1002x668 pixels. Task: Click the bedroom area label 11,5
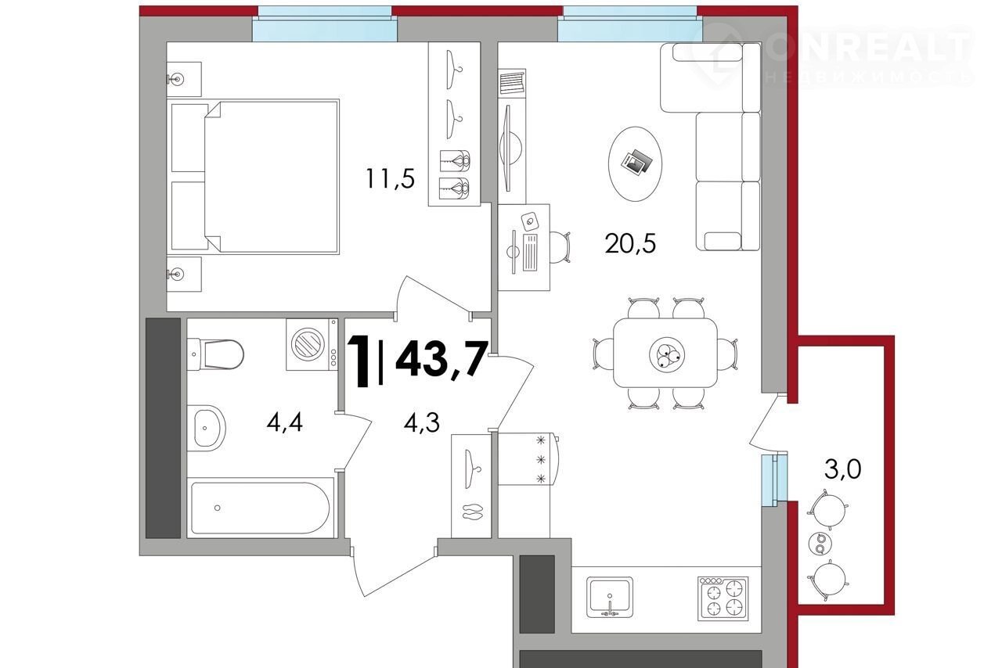tap(390, 178)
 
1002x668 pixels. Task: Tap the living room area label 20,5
tap(630, 244)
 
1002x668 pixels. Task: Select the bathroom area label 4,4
tap(284, 422)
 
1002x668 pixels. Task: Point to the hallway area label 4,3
tap(421, 422)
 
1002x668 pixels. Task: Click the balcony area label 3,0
tap(843, 469)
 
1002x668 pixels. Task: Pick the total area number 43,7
tap(441, 358)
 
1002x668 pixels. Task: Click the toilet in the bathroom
tap(215, 354)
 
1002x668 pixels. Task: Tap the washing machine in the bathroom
tap(312, 344)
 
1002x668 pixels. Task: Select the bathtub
tap(261, 508)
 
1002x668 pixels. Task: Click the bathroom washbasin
tap(206, 428)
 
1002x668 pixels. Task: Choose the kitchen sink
tap(609, 597)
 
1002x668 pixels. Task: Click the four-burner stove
tap(723, 598)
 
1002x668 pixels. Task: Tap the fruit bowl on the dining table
tap(667, 354)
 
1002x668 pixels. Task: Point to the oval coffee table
tap(635, 163)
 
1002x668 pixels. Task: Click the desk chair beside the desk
tap(560, 247)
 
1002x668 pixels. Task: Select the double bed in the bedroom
tap(253, 176)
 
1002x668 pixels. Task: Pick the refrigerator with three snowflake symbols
tap(528, 458)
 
